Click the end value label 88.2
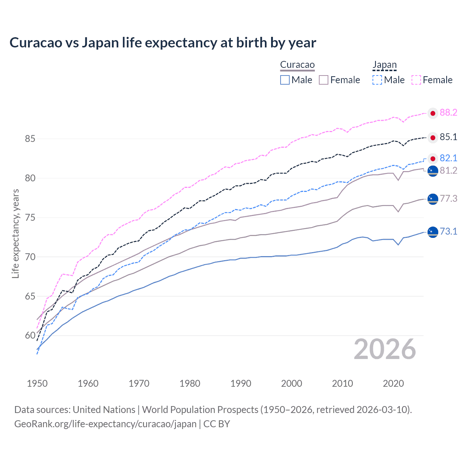tap(448, 113)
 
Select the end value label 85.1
tap(448, 137)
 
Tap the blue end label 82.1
tap(448, 158)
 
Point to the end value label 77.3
tap(448, 198)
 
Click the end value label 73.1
tap(448, 231)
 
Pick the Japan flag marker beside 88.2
tap(433, 113)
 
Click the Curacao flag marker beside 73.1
tap(433, 232)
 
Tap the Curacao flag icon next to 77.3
tap(433, 199)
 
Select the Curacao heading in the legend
tap(297, 65)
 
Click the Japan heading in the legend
tap(384, 65)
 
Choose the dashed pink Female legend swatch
tap(416, 80)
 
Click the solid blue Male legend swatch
tap(285, 80)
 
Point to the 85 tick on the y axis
tap(30, 139)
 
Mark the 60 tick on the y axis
tap(30, 336)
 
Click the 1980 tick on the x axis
tap(190, 383)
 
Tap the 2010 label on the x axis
tap(342, 383)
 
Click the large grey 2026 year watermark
tap(385, 350)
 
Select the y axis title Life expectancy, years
tap(15, 233)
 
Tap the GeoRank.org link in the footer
tap(105, 424)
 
